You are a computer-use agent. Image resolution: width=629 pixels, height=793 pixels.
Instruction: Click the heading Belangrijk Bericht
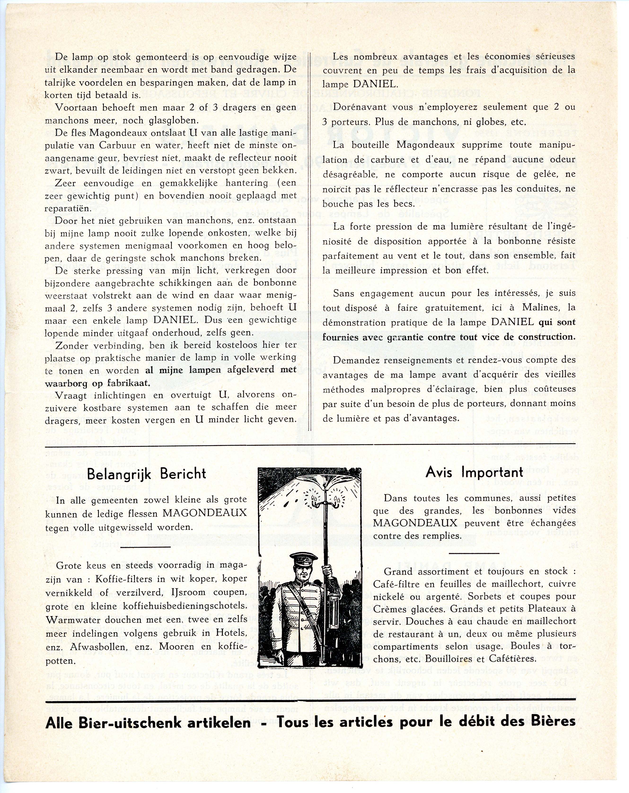(146, 474)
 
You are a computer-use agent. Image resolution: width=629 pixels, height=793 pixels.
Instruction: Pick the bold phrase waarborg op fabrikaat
(97, 383)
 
